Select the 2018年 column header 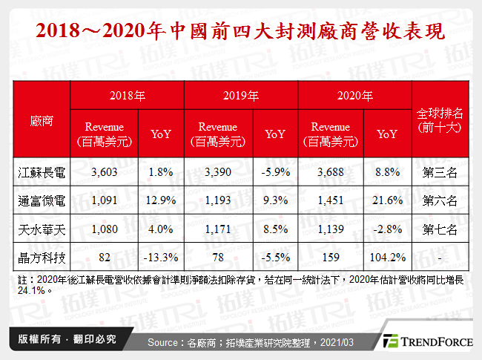tap(126, 96)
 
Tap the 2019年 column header tap(241, 96)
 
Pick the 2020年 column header tap(354, 96)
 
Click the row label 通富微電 tap(42, 200)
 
